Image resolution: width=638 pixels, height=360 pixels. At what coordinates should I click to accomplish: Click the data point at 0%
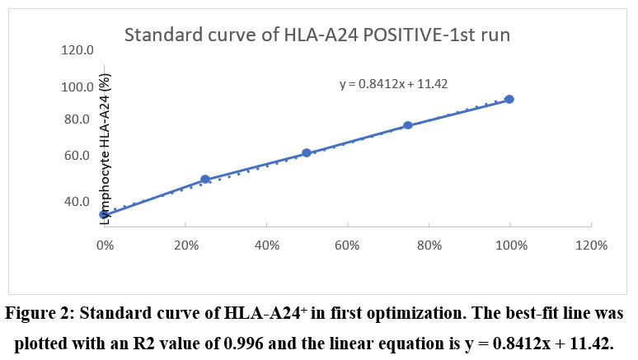pyautogui.click(x=104, y=214)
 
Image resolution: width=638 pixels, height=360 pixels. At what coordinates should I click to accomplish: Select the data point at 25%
pyautogui.click(x=205, y=180)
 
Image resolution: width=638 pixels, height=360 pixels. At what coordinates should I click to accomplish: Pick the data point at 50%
pyautogui.click(x=307, y=152)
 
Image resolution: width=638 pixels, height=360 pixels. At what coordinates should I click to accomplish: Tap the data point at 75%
pyautogui.click(x=408, y=125)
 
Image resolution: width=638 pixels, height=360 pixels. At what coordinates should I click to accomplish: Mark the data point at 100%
pyautogui.click(x=509, y=99)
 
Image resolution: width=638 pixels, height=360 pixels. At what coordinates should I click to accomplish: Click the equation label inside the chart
pyautogui.click(x=393, y=83)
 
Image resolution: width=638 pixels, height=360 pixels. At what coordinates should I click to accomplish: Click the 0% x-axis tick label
pyautogui.click(x=104, y=245)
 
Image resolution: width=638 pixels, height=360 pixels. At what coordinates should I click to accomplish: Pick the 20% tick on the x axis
pyautogui.click(x=185, y=245)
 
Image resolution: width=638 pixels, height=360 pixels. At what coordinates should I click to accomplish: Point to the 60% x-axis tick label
pyautogui.click(x=347, y=245)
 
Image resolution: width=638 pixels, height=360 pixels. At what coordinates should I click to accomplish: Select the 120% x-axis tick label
pyautogui.click(x=590, y=245)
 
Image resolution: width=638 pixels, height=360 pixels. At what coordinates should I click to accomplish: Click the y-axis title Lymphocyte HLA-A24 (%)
pyautogui.click(x=105, y=148)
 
